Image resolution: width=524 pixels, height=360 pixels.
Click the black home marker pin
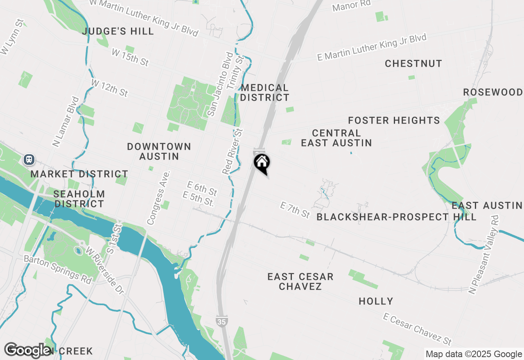[262, 162]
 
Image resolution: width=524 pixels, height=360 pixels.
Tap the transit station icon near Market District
[29, 159]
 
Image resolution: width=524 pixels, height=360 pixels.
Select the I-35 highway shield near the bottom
[221, 322]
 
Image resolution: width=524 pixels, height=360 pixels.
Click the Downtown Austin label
[159, 151]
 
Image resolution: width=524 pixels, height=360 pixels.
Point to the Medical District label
[265, 92]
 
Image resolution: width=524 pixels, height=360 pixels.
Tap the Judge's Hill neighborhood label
[118, 31]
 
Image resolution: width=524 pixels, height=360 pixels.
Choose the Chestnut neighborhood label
[413, 63]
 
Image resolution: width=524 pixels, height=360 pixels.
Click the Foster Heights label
[394, 120]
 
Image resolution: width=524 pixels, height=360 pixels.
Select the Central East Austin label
[337, 138]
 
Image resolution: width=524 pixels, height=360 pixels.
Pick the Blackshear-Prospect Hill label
[396, 217]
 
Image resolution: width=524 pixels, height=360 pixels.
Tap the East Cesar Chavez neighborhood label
[300, 281]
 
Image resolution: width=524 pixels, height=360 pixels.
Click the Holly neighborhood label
[376, 301]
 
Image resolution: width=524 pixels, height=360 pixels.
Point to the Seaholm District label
[79, 199]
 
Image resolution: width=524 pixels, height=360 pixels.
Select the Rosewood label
[493, 92]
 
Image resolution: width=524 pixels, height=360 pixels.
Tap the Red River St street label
[233, 151]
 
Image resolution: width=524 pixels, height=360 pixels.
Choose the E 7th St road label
[295, 209]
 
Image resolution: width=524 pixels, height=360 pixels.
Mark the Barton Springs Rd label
[57, 270]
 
